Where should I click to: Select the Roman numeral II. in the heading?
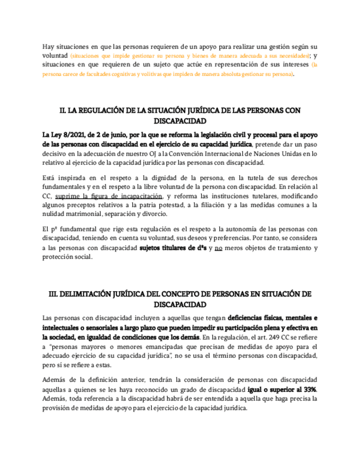pyautogui.click(x=63, y=111)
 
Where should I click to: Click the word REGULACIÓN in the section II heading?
pyautogui.click(x=100, y=111)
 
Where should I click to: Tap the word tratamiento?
pyautogui.click(x=284, y=248)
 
